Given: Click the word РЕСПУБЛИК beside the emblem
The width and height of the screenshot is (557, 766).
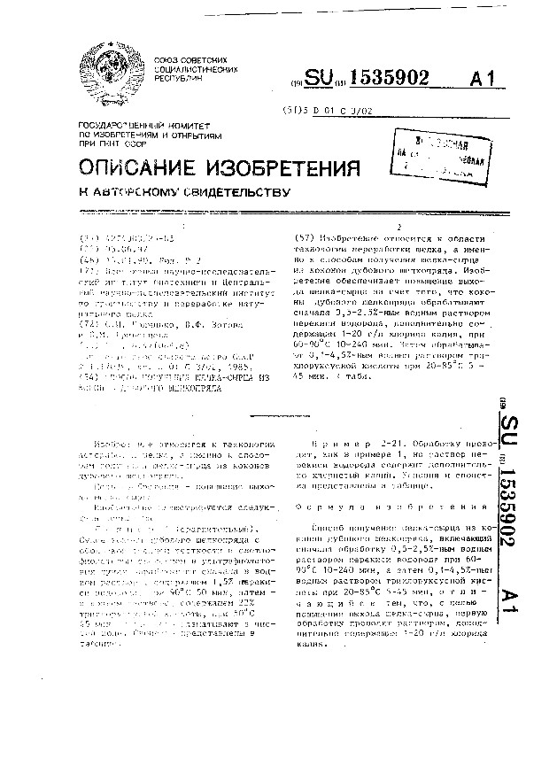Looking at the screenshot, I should tap(181, 77).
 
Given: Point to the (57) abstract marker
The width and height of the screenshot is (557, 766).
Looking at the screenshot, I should tap(302, 237).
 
